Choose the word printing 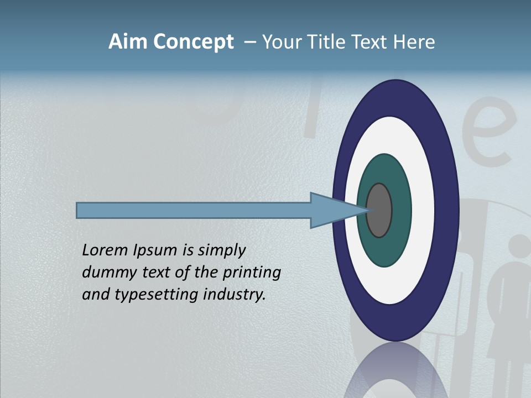tap(251, 273)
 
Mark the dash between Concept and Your tap(249, 43)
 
